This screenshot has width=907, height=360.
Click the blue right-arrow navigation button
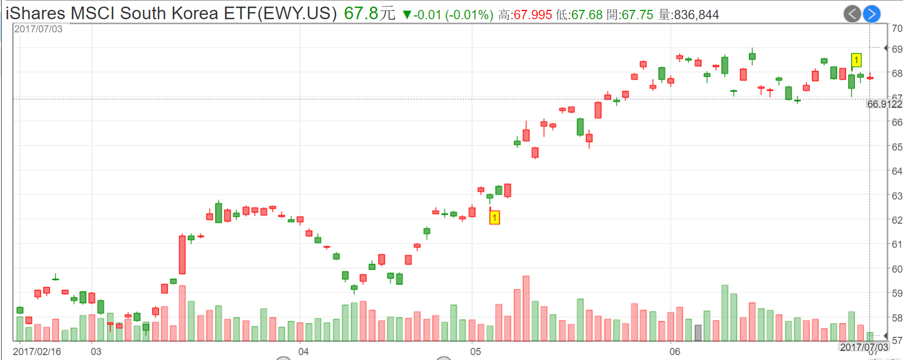point(871,14)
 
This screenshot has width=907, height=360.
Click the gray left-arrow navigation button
point(852,14)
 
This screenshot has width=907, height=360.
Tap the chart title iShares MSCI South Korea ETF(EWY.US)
point(171,13)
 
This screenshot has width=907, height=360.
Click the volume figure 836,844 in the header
point(696,15)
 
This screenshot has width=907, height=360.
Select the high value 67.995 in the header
point(533,15)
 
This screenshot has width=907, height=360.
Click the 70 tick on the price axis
point(897,29)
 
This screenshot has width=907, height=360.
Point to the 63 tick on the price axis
point(897,196)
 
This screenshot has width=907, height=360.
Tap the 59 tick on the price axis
point(897,294)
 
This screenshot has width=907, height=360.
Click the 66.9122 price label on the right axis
point(885,104)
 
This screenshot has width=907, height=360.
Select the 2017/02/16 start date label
point(37,351)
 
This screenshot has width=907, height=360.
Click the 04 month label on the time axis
point(303,351)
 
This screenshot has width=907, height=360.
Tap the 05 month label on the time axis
point(475,351)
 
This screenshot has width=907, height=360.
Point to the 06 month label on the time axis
point(674,351)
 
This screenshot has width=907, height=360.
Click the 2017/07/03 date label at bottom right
point(864,347)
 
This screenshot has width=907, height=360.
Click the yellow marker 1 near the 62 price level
point(494,218)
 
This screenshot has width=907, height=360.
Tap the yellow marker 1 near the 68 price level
point(856,60)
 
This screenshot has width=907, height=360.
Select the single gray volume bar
point(698,333)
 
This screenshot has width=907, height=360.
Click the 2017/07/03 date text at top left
point(38,29)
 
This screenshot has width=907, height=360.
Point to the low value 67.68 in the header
point(587,15)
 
